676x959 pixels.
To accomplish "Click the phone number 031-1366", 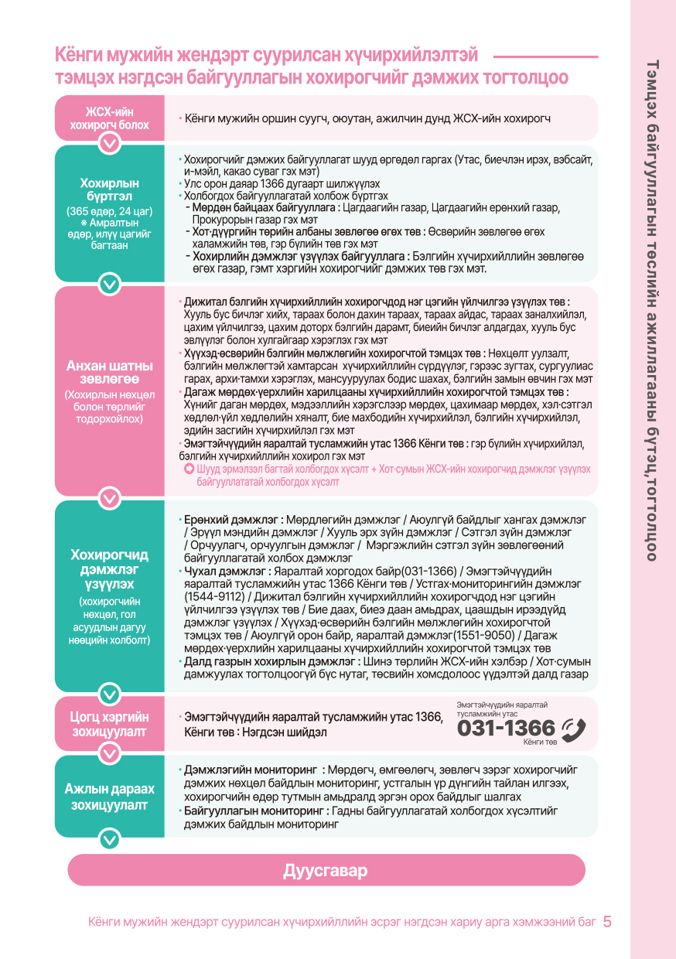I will coord(506,729).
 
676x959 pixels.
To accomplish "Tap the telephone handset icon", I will coord(573,729).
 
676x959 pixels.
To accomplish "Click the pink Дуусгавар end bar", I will coord(326,870).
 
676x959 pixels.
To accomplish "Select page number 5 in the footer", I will coord(607,922).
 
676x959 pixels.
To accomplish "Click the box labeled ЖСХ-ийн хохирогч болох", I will coord(110,118).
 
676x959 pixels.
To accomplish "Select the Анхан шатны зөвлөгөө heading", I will coord(110,373).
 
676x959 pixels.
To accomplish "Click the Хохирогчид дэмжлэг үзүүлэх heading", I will coord(110,568).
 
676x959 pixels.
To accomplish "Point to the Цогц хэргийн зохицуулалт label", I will coord(110,723).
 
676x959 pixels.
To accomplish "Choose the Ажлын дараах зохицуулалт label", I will coord(110,797).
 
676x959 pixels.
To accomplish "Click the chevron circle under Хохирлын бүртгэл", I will coord(110,285).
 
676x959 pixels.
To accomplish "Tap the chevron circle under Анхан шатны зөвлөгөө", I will coord(110,499).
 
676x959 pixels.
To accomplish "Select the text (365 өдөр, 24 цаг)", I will coord(110,210).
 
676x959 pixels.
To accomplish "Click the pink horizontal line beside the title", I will coord(545,56).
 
